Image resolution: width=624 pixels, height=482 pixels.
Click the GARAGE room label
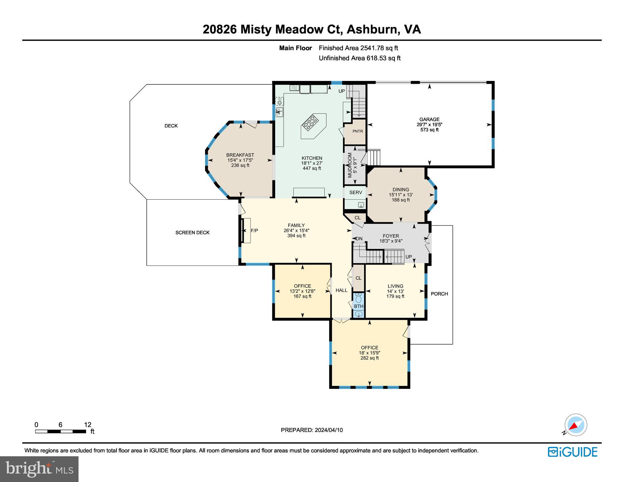[x=429, y=119]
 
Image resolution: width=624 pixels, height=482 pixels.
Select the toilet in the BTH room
[x=358, y=298]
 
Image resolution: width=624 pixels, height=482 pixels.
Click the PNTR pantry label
[x=357, y=131]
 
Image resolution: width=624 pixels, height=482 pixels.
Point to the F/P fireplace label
[x=254, y=231]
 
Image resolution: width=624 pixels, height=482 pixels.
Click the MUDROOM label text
[x=350, y=165]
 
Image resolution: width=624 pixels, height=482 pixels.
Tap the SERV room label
[x=355, y=192]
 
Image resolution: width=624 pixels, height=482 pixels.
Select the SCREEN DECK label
[x=192, y=233]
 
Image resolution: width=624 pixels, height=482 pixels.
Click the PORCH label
[x=439, y=294]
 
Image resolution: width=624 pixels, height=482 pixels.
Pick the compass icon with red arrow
[x=575, y=425]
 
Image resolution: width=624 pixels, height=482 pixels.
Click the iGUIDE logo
[x=572, y=452]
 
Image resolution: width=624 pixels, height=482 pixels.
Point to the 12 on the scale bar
[x=88, y=425]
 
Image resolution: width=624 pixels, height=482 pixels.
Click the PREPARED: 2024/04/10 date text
[x=312, y=430]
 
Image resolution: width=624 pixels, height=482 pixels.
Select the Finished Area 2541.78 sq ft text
[x=358, y=48]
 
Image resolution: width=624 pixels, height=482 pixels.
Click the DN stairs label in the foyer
[x=359, y=238]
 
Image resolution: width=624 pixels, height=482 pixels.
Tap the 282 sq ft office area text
[x=369, y=358]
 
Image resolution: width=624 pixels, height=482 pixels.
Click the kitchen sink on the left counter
[x=279, y=112]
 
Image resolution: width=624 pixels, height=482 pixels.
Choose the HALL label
[x=341, y=290]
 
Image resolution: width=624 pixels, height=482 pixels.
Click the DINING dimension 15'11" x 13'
[x=400, y=195]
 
